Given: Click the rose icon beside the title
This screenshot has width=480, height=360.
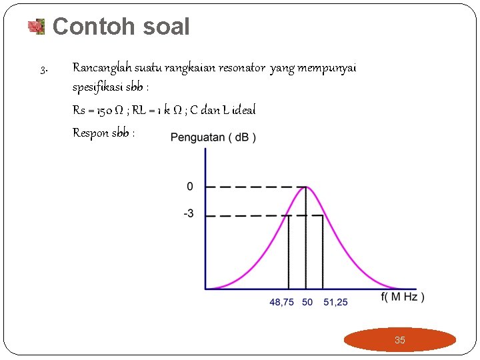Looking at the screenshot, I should (x=35, y=27).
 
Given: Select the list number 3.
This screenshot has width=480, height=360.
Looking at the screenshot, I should (x=43, y=69).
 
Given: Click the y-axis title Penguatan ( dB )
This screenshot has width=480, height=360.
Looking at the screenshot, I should (x=213, y=137).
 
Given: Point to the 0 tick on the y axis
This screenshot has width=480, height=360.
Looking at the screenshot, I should (x=190, y=187).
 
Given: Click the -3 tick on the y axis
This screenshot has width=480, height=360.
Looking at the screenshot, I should (x=189, y=214).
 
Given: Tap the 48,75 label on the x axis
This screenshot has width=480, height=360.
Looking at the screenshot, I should (x=281, y=302).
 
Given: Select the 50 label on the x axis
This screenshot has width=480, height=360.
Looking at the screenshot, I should (x=307, y=302).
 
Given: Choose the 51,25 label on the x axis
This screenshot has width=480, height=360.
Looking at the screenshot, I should (x=335, y=302).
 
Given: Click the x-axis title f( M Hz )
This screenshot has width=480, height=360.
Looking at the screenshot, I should (x=403, y=297).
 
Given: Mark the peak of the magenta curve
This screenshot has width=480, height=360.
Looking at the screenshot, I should (x=305, y=187).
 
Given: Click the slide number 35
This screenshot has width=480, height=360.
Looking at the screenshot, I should (x=399, y=340).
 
